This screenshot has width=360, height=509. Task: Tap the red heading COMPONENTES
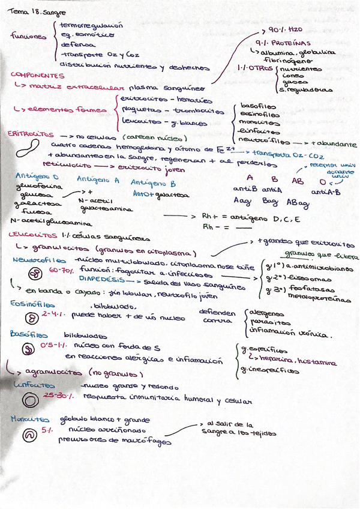pyautogui.click(x=38, y=76)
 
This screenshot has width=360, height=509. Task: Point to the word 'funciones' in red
pyautogui.click(x=28, y=36)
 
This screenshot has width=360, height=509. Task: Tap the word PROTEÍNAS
pyautogui.click(x=290, y=43)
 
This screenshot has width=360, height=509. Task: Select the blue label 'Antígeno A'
pyautogui.click(x=98, y=179)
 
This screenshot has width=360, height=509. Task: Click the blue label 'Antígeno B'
pyautogui.click(x=153, y=182)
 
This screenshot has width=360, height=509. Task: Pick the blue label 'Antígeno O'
pyautogui.click(x=37, y=177)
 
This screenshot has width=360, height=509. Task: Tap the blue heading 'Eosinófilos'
pyautogui.click(x=30, y=305)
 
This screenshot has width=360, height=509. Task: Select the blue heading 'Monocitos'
pyautogui.click(x=30, y=420)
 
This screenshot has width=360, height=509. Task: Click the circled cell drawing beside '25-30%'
pyautogui.click(x=28, y=399)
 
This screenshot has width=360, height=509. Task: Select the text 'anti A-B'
pyautogui.click(x=326, y=191)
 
